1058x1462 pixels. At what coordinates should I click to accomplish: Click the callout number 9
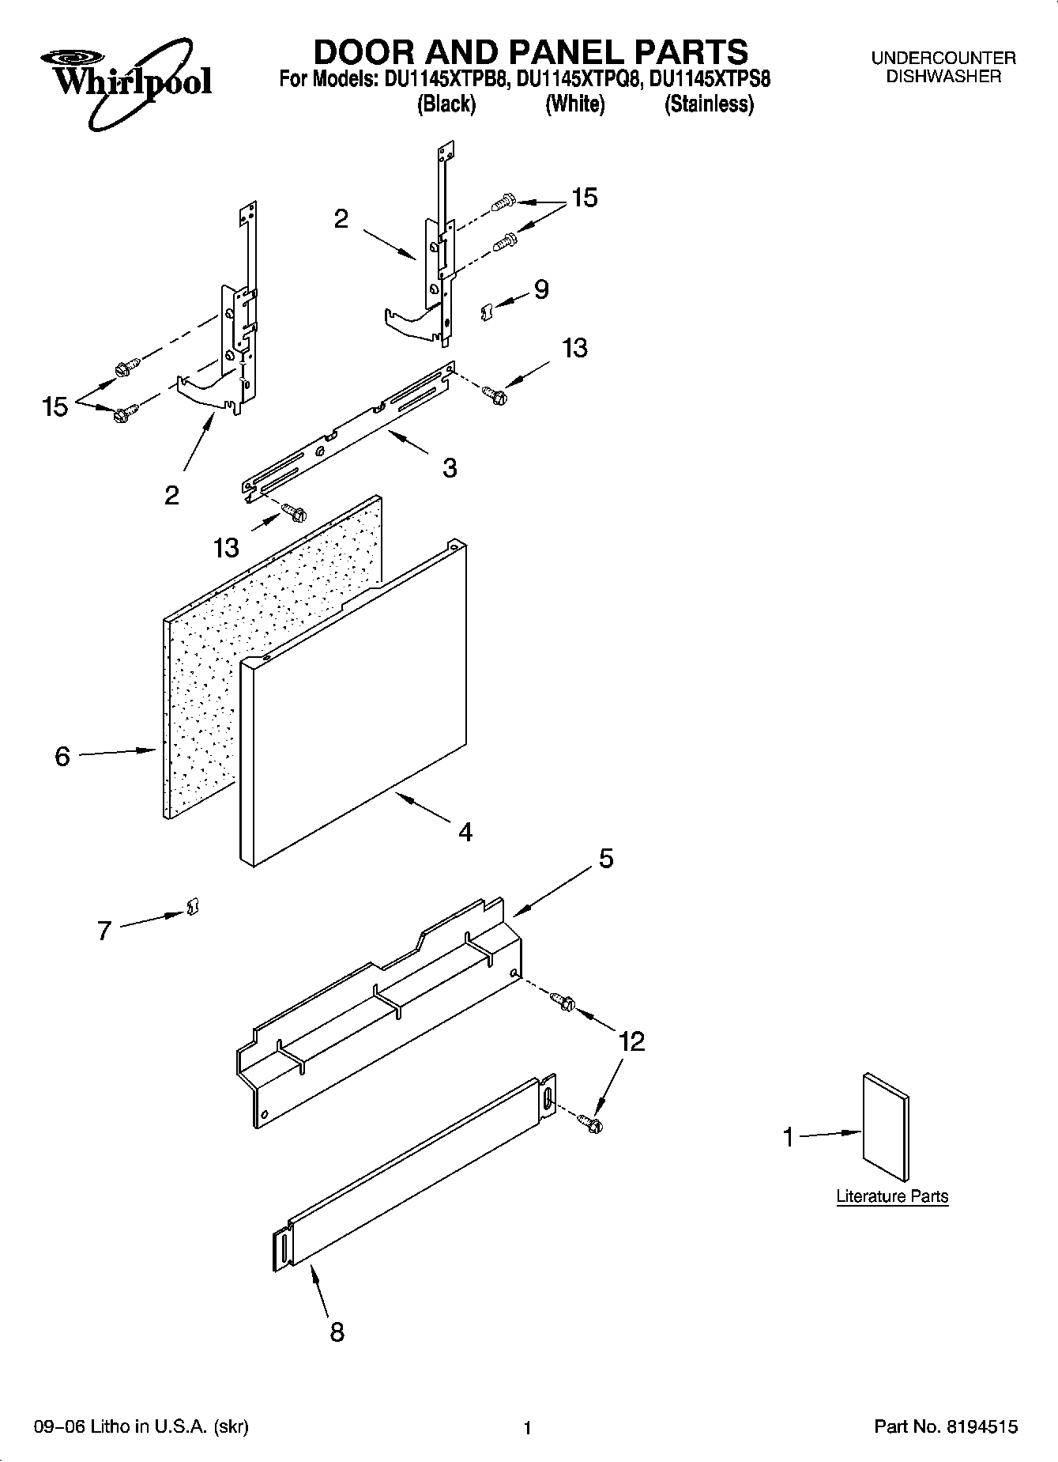point(541,289)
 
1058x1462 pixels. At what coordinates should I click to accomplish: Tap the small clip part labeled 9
point(488,312)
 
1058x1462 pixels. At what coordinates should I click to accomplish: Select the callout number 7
point(104,931)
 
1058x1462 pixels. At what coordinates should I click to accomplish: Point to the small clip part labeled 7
point(191,907)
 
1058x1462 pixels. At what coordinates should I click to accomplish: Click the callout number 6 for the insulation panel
point(62,757)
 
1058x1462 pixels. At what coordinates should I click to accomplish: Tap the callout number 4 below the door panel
point(465,832)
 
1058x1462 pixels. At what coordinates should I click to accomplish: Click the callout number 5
point(606,858)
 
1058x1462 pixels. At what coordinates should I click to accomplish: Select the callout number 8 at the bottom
point(337,1332)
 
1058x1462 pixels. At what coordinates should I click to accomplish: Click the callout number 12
point(632,1041)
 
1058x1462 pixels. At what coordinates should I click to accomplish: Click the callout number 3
point(450,468)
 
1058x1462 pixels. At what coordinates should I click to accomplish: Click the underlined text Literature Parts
point(892,1196)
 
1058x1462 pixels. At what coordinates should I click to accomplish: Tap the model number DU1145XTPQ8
point(575,79)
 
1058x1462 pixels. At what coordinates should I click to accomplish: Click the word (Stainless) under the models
point(709,104)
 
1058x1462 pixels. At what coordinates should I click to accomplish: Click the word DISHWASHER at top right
point(943,77)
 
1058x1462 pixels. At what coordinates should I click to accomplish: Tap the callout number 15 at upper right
point(585,198)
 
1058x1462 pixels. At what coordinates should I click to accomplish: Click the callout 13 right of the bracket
point(574,348)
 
